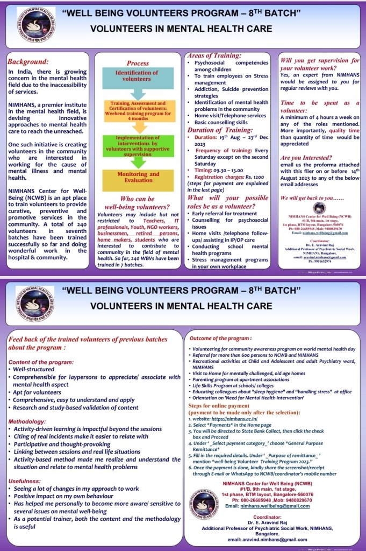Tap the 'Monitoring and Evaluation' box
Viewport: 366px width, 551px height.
tap(139, 178)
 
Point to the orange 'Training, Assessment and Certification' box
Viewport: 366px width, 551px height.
tap(138, 110)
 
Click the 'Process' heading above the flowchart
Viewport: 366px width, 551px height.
tap(138, 63)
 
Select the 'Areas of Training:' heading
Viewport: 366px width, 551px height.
tap(213, 55)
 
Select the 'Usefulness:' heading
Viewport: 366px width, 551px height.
tap(25, 481)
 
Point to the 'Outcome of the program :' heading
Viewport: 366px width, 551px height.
tap(220, 338)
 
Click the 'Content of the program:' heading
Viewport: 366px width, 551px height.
tap(41, 362)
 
